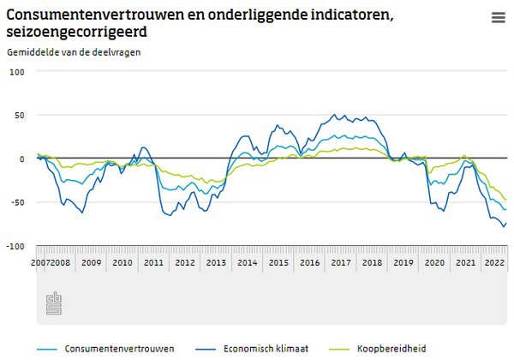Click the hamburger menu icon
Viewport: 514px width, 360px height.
(498, 17)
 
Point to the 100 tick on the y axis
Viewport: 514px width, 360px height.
(16, 71)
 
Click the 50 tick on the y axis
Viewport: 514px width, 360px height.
(19, 115)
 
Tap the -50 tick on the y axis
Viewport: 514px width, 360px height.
(17, 202)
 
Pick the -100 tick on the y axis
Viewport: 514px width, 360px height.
(15, 246)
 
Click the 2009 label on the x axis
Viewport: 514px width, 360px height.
(91, 263)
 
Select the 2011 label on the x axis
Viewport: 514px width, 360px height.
(153, 263)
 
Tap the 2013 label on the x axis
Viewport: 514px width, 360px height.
(215, 263)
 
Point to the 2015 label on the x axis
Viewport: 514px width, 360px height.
(278, 263)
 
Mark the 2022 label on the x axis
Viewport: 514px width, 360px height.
(494, 263)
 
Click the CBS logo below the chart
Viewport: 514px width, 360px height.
(54, 304)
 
